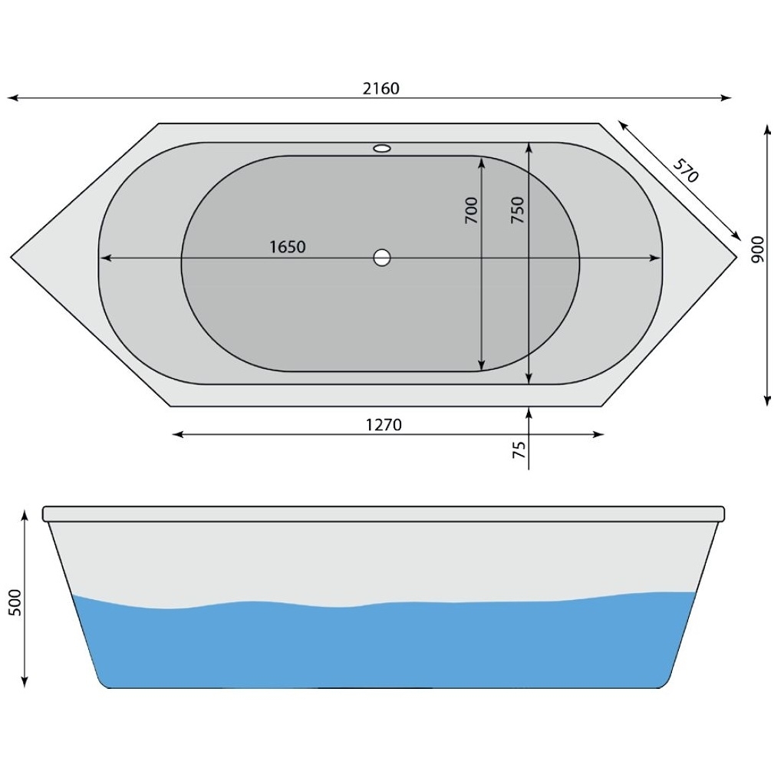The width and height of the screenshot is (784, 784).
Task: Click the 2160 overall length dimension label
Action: click(x=381, y=88)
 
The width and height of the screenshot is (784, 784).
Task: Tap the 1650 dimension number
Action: click(x=288, y=246)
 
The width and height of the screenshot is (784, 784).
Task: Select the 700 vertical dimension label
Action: click(x=471, y=210)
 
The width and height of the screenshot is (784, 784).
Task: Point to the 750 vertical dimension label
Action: click(x=518, y=210)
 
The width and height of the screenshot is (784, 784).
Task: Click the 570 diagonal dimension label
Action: click(x=686, y=170)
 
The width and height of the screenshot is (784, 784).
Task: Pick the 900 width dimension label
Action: click(x=758, y=250)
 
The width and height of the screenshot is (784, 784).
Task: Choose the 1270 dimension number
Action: click(x=384, y=424)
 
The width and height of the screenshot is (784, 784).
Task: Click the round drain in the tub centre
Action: click(x=382, y=258)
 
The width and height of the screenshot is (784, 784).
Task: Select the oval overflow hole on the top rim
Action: click(x=382, y=148)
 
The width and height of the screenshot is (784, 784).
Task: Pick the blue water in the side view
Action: click(x=384, y=644)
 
